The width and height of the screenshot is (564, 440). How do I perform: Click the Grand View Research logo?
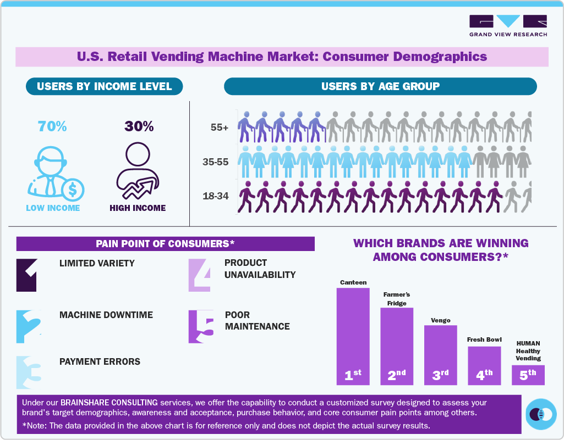pyautogui.click(x=508, y=25)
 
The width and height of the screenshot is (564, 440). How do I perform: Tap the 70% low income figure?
pyautogui.click(x=52, y=126)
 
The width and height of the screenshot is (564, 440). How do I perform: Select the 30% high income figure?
pyautogui.click(x=139, y=126)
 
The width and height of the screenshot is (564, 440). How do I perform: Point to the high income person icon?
pyautogui.click(x=138, y=172)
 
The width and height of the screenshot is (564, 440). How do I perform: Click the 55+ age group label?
pyautogui.click(x=219, y=127)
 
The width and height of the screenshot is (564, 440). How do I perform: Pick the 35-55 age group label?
pyautogui.click(x=216, y=163)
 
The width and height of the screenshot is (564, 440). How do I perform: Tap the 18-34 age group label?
pyautogui.click(x=216, y=196)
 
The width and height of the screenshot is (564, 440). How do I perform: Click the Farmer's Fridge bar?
pyautogui.click(x=397, y=346)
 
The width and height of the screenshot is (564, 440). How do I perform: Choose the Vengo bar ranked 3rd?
pyautogui.click(x=440, y=355)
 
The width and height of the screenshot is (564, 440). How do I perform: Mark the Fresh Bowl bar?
pyautogui.click(x=484, y=365)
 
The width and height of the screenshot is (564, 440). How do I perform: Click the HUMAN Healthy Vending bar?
pyautogui.click(x=528, y=375)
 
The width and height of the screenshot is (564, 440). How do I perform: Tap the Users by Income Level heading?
pyautogui.click(x=105, y=86)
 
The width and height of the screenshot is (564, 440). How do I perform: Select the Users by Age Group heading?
pyautogui.click(x=380, y=86)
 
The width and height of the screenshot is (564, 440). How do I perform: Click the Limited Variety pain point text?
pyautogui.click(x=97, y=263)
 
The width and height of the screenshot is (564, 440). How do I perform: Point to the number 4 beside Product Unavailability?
pyautogui.click(x=200, y=275)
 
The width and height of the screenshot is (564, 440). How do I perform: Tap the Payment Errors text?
pyautogui.click(x=100, y=361)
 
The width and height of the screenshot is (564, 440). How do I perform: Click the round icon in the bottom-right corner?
pyautogui.click(x=540, y=414)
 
